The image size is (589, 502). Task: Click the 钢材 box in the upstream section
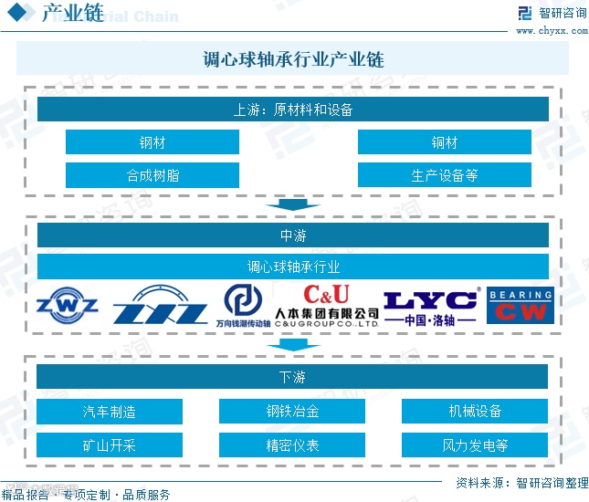152,142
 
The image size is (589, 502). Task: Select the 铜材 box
444,142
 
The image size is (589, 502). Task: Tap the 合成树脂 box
152,175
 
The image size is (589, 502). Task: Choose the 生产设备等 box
444,175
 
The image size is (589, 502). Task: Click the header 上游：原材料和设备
292,110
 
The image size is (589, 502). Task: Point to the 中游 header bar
292,235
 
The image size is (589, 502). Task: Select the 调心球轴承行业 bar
292,267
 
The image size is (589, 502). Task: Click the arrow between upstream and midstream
292,204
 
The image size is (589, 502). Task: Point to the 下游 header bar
292,377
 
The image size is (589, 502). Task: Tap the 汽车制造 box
110,412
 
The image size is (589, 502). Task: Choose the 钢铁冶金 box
292,412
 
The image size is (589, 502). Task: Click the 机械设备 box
475,412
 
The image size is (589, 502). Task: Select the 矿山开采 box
110,445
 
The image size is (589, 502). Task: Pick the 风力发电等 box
475,445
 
